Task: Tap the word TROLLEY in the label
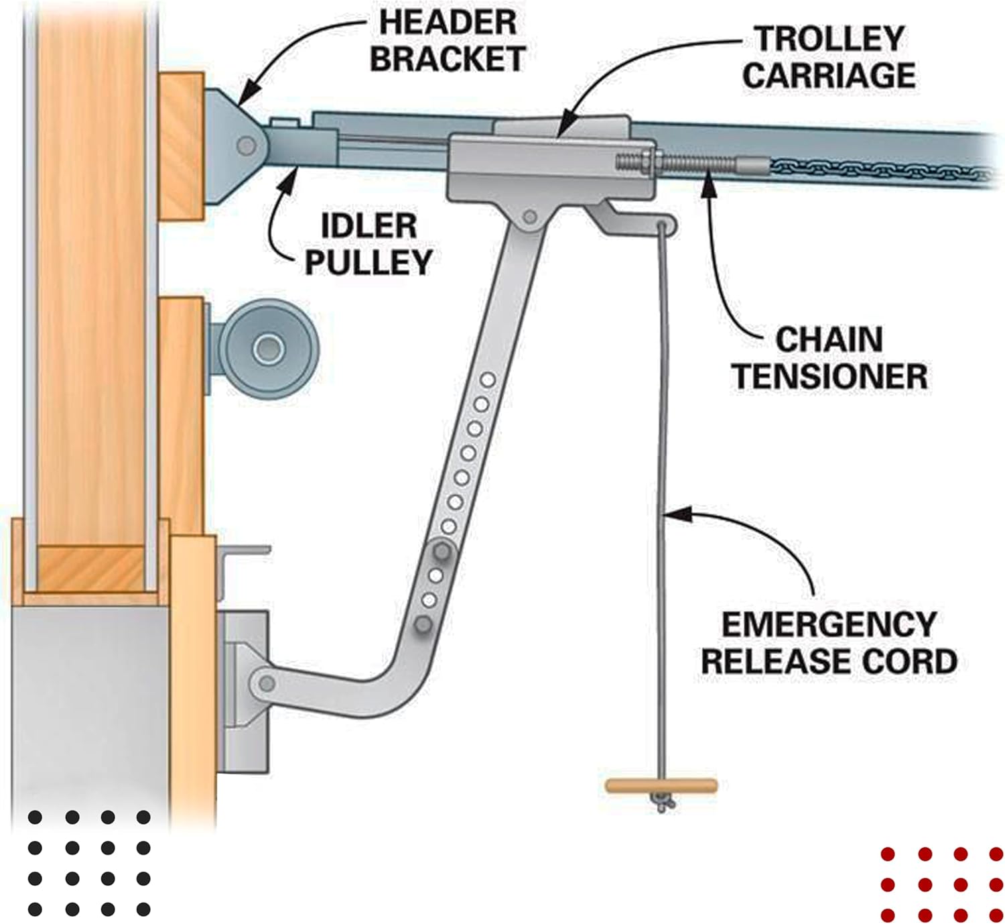pos(829,38)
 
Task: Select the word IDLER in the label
pos(368,226)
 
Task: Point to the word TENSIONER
pos(829,376)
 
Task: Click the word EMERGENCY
pos(829,626)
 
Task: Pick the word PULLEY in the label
pos(368,262)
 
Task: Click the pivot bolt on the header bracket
pos(247,146)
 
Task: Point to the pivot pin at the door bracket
pos(267,684)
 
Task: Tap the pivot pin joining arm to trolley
pos(530,217)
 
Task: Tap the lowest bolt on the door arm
pos(423,625)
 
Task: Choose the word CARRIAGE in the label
pos(829,74)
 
